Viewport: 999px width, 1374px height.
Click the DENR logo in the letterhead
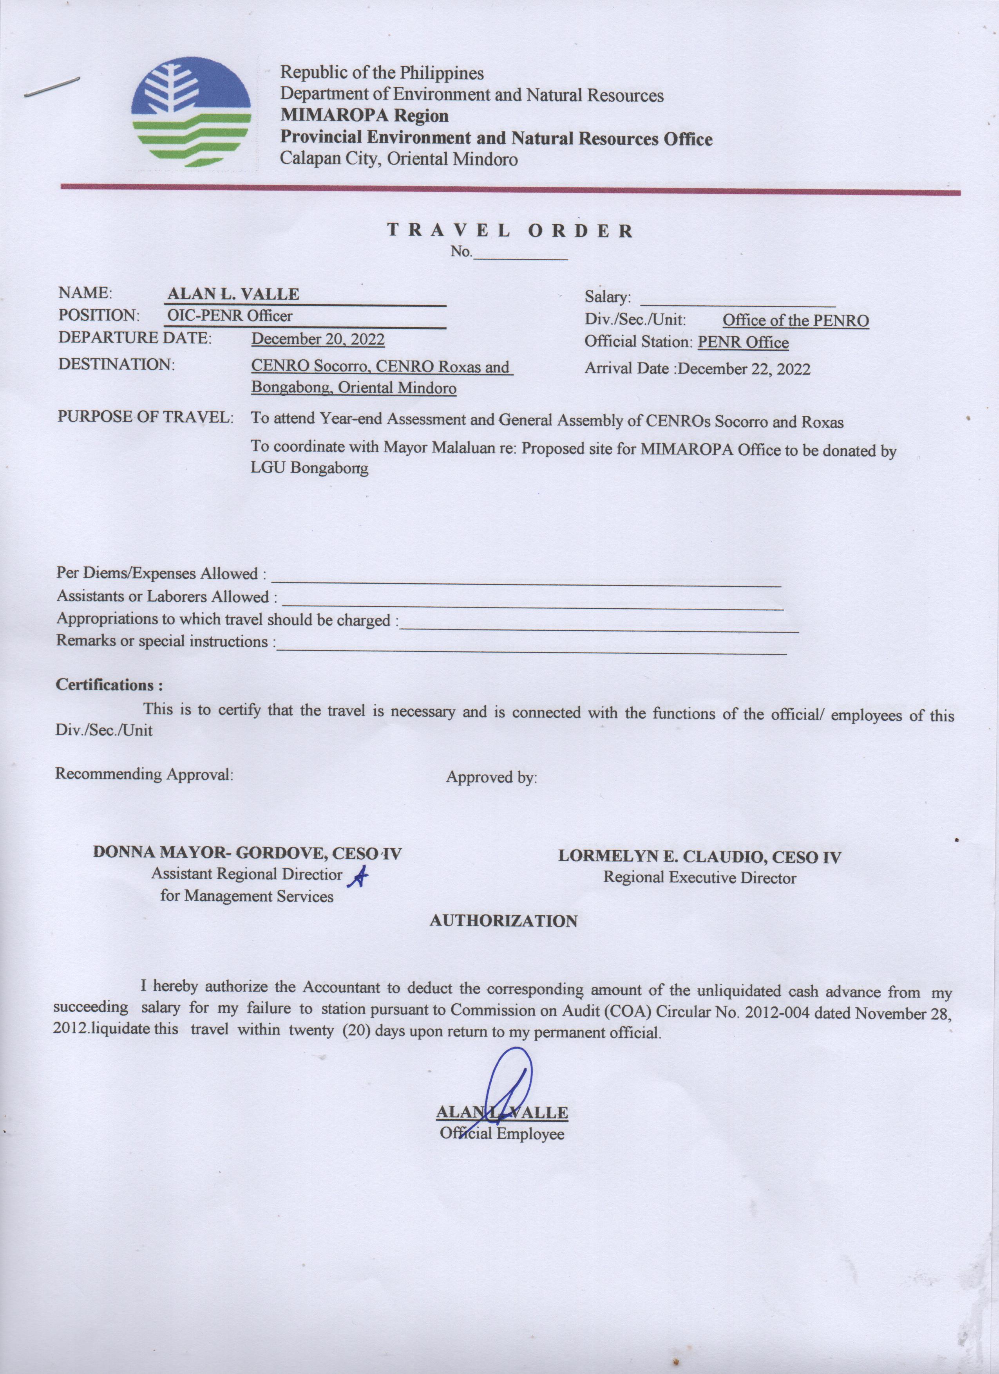pos(191,112)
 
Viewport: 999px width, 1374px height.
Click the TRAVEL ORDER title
pos(510,231)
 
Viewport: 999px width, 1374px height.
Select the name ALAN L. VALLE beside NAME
pos(233,294)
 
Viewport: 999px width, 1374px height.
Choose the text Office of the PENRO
pos(795,321)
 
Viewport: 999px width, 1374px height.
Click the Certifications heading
pos(109,685)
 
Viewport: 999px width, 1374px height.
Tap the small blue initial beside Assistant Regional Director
pos(358,878)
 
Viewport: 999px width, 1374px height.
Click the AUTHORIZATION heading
pos(503,921)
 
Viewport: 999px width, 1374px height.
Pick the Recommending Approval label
pos(144,774)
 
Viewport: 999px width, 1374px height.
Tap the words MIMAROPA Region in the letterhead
pos(364,116)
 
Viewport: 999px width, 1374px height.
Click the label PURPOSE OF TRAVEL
pos(145,417)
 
